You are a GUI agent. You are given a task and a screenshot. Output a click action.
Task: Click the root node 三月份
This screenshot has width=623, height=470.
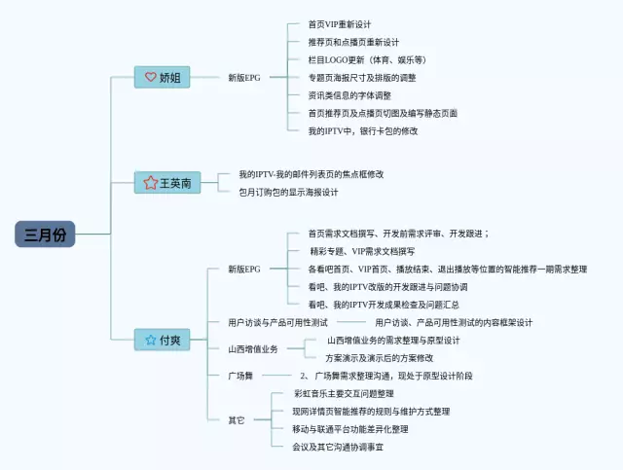coord(45,235)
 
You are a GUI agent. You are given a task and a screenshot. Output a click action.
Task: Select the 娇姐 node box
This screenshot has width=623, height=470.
coord(163,77)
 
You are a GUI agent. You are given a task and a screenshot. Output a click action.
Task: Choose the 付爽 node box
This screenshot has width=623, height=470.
coord(163,340)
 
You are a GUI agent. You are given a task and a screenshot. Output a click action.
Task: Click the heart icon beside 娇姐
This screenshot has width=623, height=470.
coord(150,77)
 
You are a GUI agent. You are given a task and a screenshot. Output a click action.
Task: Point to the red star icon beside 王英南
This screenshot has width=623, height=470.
coord(150,182)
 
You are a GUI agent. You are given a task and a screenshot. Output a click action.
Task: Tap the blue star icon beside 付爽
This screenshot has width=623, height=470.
coord(150,340)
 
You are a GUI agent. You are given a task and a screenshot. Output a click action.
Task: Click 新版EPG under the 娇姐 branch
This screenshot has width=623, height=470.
coord(244,77)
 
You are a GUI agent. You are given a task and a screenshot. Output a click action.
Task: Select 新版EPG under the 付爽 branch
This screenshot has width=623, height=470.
coord(244,269)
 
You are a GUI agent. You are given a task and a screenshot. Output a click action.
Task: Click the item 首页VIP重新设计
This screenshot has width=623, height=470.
coord(339,23)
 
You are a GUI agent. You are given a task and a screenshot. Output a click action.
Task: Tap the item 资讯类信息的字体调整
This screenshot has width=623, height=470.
coord(348,95)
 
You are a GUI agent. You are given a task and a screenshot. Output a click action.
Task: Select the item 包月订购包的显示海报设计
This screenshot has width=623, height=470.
coord(288,192)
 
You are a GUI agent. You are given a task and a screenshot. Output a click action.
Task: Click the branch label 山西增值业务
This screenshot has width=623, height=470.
coord(253,348)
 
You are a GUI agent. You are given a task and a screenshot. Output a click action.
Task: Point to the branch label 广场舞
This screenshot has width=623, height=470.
coord(240,376)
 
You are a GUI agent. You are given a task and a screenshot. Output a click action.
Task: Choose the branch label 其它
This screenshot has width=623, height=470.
coord(237,420)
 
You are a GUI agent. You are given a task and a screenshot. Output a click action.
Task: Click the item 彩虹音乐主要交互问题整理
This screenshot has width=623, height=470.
coord(344,393)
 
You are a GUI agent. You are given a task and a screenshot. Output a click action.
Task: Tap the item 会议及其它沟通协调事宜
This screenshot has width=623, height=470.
coord(338,447)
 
